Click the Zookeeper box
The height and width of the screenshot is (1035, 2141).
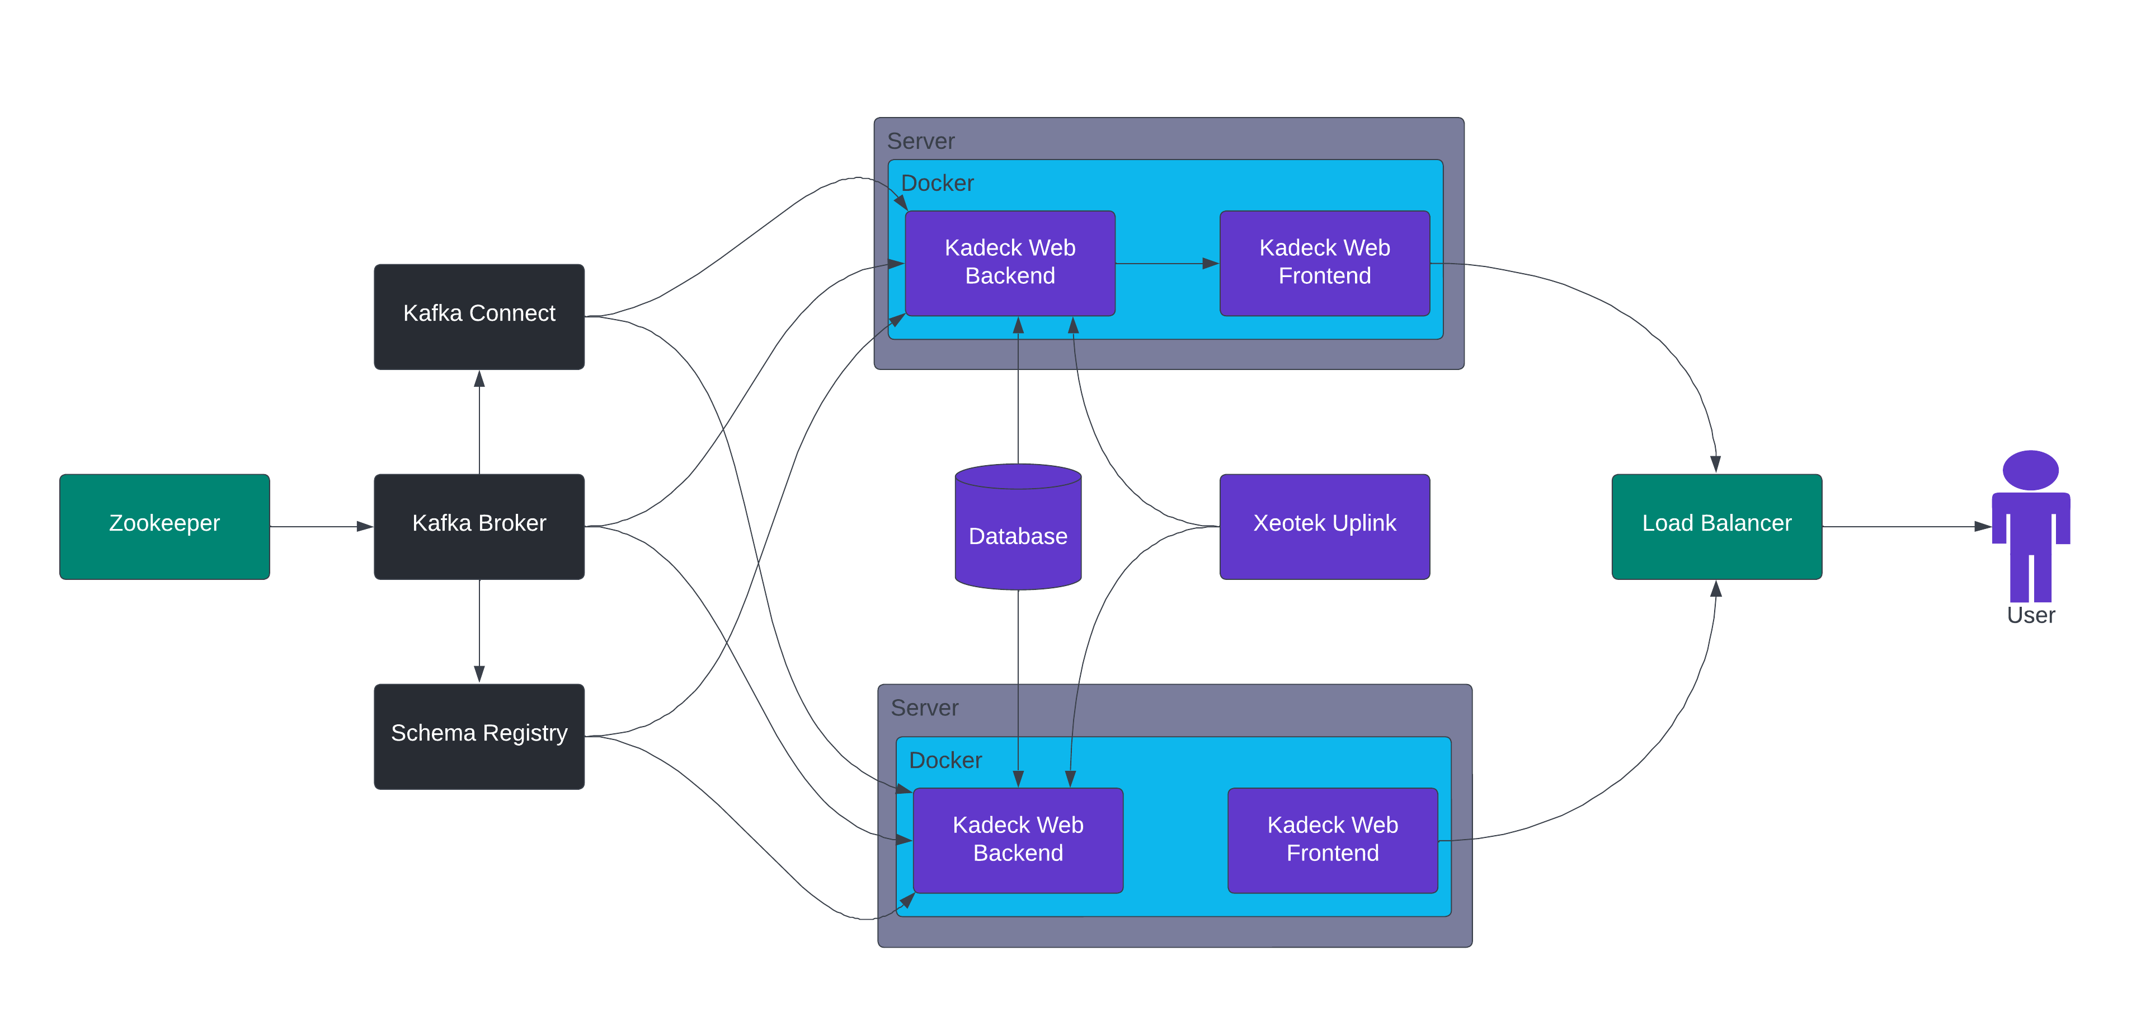(x=164, y=526)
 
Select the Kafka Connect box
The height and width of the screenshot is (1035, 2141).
(x=479, y=317)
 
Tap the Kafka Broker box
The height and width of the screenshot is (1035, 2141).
(x=479, y=526)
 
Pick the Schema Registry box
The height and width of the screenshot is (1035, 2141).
(x=479, y=737)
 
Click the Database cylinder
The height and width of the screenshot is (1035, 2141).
(x=1018, y=527)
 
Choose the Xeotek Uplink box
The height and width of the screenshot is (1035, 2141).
(x=1325, y=526)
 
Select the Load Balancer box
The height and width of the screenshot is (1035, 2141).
(x=1717, y=526)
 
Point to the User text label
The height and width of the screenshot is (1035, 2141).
(x=2030, y=615)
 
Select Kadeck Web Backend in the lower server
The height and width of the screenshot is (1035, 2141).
(x=1018, y=840)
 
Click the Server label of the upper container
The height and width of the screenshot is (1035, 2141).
(x=921, y=141)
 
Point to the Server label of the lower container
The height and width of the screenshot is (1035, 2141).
(x=924, y=708)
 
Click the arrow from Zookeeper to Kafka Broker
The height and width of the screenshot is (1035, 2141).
(x=322, y=526)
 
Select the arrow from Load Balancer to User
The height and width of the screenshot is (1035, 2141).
(x=1908, y=526)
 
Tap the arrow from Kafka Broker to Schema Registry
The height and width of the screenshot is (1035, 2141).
(x=479, y=631)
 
